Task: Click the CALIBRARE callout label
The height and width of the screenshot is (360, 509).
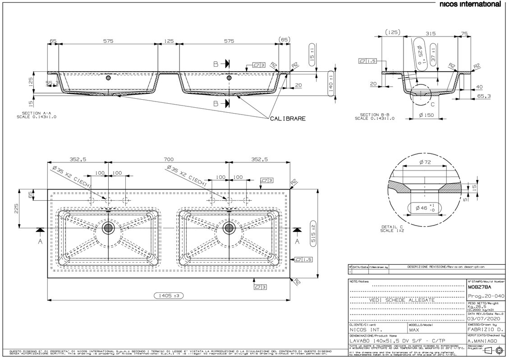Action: [x=288, y=119]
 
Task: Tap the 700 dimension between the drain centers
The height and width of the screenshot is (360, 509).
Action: [x=169, y=159]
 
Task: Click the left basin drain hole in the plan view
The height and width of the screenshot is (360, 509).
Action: [x=108, y=228]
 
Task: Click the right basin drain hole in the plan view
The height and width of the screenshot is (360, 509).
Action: [x=229, y=228]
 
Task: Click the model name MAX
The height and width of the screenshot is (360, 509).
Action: [x=414, y=330]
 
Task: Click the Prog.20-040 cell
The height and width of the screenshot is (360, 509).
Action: [x=483, y=295]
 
